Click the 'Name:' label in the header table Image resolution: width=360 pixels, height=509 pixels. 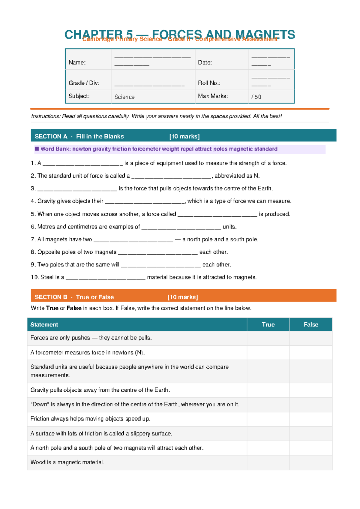77,62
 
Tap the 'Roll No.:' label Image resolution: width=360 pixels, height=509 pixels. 209,83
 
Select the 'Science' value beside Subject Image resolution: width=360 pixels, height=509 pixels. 124,97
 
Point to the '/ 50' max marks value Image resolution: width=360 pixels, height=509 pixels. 256,97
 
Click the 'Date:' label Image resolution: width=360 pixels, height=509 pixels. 205,62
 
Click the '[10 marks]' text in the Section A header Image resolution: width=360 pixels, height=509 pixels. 184,136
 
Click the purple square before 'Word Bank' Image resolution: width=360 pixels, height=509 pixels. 37,149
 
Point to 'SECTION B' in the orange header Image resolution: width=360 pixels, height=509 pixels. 51,297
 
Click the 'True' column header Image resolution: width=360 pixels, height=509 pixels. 268,324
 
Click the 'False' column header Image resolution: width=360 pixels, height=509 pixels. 310,324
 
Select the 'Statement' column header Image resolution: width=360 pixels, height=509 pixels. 44,324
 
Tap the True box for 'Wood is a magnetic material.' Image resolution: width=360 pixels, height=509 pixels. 268,462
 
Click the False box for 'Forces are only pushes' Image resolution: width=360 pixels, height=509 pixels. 310,338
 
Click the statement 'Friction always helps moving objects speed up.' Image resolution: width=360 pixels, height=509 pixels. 90,419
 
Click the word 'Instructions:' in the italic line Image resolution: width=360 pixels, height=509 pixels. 46,116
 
